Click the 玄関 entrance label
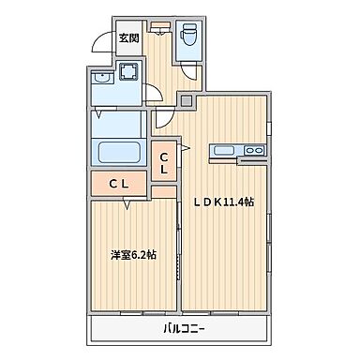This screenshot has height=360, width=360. pyautogui.click(x=128, y=38)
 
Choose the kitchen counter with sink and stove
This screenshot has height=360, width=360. pyautogui.click(x=239, y=150)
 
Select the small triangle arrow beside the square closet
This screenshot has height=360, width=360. pyautogui.click(x=184, y=148)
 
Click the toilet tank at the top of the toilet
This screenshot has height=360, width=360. pyautogui.click(x=187, y=26)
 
